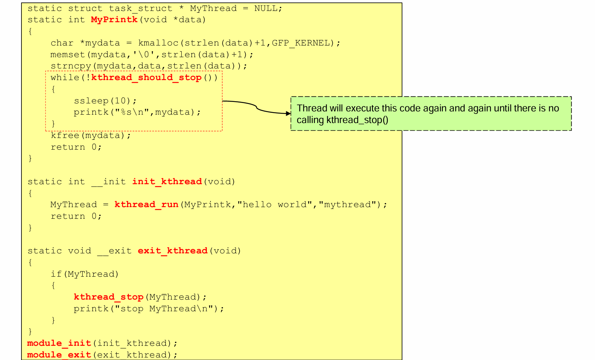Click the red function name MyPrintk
coord(114,20)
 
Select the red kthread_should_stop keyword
coord(146,78)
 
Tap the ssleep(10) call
coord(105,101)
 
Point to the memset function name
coord(68,55)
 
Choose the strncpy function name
coord(71,66)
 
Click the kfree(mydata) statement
coord(91,135)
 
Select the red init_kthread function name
coord(167,182)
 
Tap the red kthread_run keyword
coord(146,205)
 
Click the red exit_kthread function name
coord(173,251)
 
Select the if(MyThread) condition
coord(85,274)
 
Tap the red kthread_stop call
coord(109,297)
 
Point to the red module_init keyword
coord(59,343)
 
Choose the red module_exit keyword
coord(59,355)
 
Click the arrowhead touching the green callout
coord(288,114)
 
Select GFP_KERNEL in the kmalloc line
coord(301,43)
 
